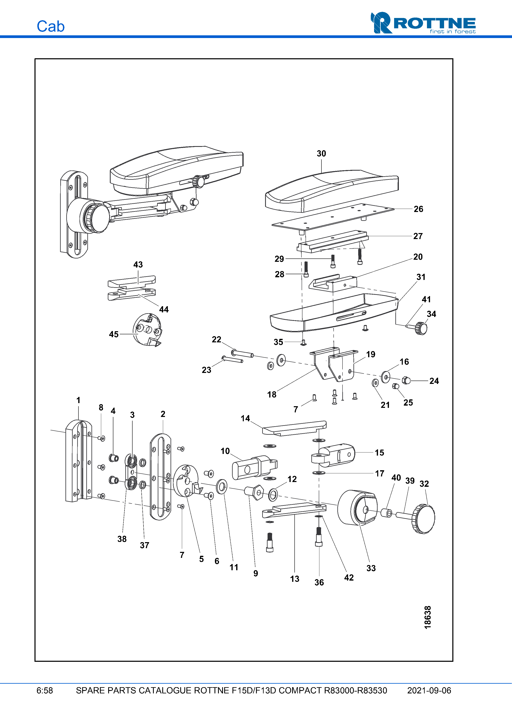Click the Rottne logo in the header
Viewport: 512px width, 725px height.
pyautogui.click(x=423, y=23)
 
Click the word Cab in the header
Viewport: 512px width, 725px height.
pyautogui.click(x=50, y=26)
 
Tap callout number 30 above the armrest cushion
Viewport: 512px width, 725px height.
pyautogui.click(x=321, y=154)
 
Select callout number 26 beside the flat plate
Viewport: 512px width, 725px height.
pyautogui.click(x=418, y=209)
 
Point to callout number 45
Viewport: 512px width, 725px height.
pyautogui.click(x=114, y=334)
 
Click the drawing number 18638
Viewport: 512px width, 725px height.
pyautogui.click(x=427, y=617)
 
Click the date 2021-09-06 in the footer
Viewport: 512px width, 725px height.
pyautogui.click(x=429, y=690)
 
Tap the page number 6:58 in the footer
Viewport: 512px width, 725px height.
pyautogui.click(x=44, y=690)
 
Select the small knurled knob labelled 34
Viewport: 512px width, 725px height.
pyautogui.click(x=421, y=328)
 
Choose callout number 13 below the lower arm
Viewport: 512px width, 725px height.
pyautogui.click(x=294, y=579)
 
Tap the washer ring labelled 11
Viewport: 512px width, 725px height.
pyautogui.click(x=222, y=487)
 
